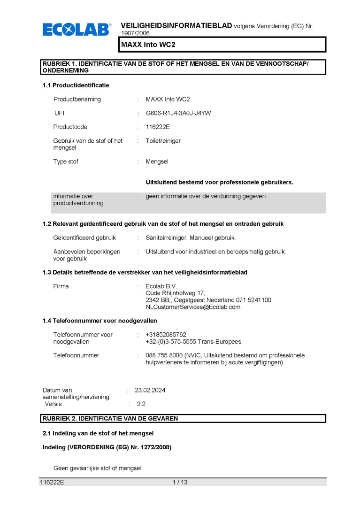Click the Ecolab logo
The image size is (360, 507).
(77, 30)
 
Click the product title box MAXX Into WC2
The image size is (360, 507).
(222, 45)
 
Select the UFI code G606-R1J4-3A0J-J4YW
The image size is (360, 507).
(178, 113)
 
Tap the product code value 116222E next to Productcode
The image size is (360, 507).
(157, 127)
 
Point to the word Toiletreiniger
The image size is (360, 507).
(163, 140)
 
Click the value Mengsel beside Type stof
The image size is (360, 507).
(157, 161)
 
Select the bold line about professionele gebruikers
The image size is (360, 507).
(219, 182)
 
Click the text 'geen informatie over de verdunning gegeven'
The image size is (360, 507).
(206, 196)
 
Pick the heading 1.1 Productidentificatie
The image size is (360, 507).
(76, 85)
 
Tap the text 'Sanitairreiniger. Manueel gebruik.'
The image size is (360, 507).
(191, 238)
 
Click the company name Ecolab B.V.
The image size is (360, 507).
(161, 286)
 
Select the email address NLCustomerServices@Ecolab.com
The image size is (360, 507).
(193, 307)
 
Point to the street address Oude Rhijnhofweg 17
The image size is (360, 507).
(172, 293)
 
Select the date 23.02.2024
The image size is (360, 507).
(150, 390)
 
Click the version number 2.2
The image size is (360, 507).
(141, 404)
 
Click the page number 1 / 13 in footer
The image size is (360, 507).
(180, 482)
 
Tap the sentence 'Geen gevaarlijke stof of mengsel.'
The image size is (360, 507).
(98, 468)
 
